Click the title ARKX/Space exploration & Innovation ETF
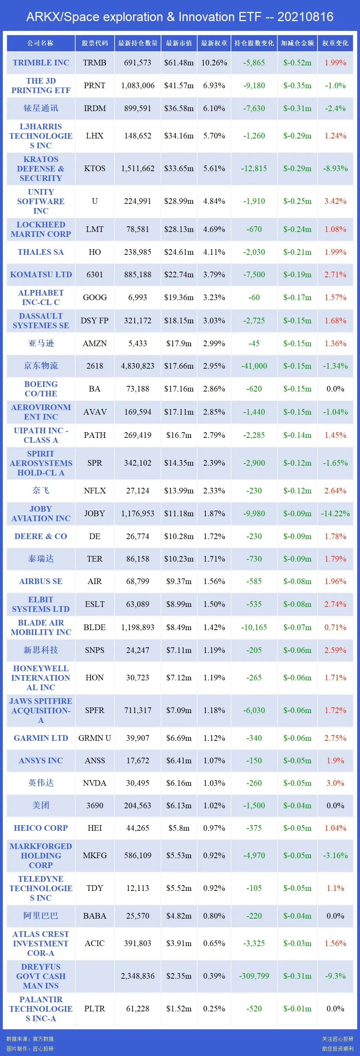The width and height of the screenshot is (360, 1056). pos(180,17)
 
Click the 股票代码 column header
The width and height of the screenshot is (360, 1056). pos(95,43)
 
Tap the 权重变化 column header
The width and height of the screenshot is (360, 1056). pos(335,43)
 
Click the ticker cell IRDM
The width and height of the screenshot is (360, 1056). pos(95,108)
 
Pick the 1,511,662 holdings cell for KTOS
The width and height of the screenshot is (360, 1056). pos(138,168)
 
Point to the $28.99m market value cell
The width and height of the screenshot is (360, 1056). pos(179,201)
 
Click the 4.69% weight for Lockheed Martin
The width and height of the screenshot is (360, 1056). pos(214,229)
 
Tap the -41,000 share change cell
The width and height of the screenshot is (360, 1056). pos(254,366)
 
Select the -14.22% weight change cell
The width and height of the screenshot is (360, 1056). pos(335,514)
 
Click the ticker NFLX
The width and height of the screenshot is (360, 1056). pos(95,491)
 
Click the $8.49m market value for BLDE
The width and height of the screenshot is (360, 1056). pos(179,627)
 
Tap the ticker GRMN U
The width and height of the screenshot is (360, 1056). pos(95,738)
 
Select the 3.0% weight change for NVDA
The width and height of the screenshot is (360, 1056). pos(335,783)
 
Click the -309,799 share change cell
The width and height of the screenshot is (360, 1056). pos(254,976)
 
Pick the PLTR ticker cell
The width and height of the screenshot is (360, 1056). pos(95,1009)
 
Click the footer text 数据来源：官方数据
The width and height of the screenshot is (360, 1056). pos(30,1039)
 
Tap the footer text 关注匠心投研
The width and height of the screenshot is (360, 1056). pos(337,1039)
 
